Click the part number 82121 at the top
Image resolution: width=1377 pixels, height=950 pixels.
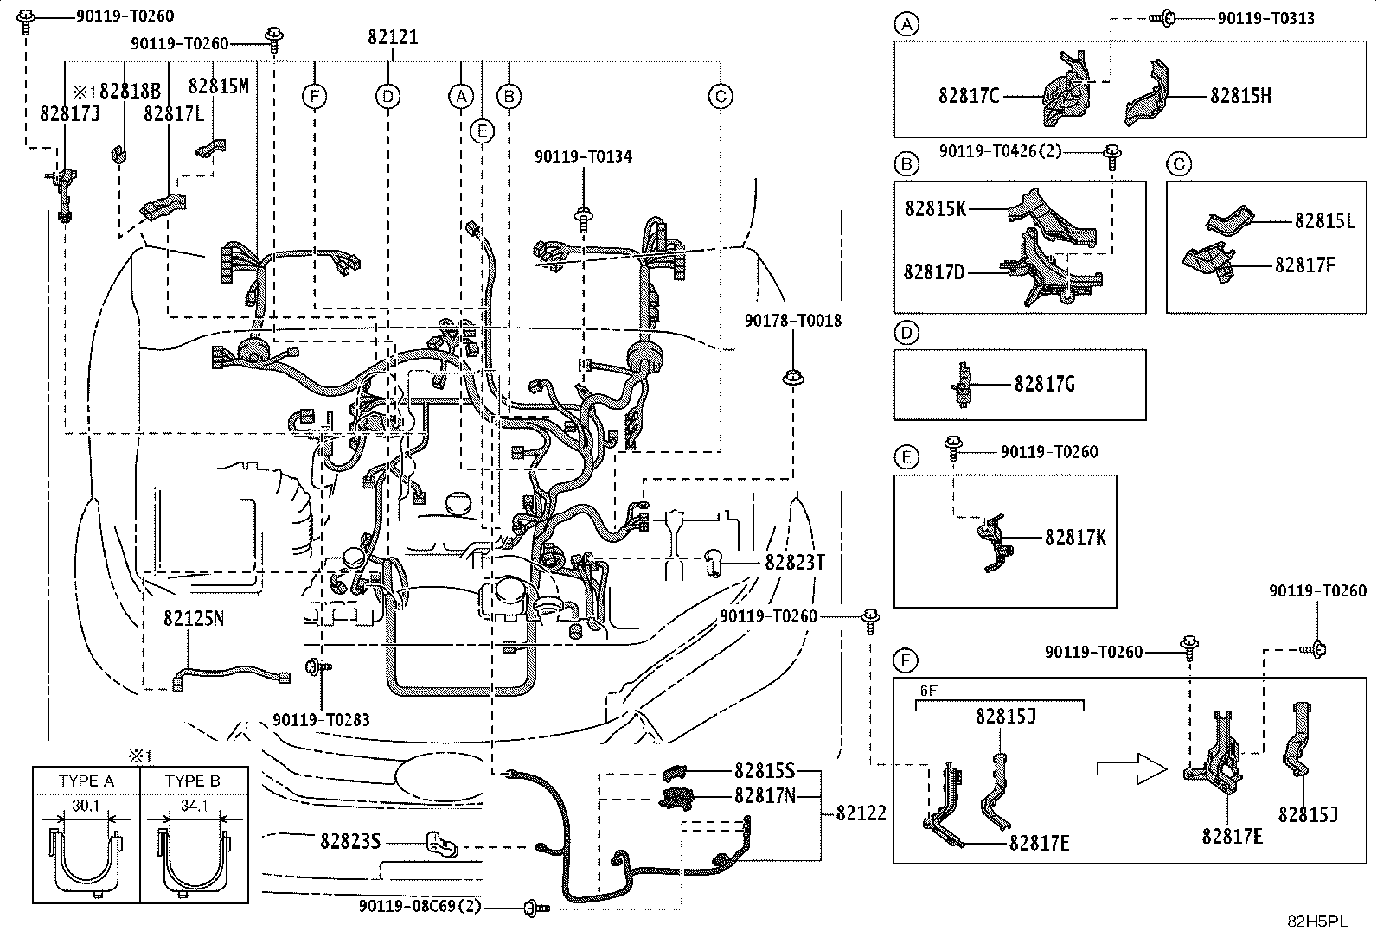click(x=393, y=37)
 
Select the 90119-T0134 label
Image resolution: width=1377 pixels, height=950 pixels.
click(x=583, y=156)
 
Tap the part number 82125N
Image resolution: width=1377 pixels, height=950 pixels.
click(x=194, y=618)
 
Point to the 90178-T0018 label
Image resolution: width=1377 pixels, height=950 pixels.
click(x=793, y=320)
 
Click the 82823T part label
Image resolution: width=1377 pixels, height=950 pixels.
click(x=795, y=562)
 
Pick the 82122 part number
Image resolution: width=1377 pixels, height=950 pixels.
click(x=861, y=813)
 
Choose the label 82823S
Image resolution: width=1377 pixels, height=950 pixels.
click(x=350, y=840)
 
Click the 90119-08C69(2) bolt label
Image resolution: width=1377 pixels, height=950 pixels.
click(x=420, y=907)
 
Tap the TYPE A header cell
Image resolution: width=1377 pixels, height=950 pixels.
click(x=86, y=781)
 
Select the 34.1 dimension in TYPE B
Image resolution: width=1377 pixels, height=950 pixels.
click(x=195, y=805)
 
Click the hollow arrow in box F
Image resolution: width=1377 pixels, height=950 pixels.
click(x=1131, y=768)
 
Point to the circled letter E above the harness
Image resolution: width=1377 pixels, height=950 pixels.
click(x=482, y=131)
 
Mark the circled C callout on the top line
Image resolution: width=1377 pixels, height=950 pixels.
click(x=721, y=97)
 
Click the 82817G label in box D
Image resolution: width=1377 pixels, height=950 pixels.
click(x=1045, y=384)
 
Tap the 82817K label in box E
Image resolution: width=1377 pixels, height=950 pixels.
click(x=1076, y=537)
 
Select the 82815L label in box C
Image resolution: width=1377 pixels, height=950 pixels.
click(x=1325, y=220)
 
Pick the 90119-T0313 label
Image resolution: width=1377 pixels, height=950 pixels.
click(x=1266, y=18)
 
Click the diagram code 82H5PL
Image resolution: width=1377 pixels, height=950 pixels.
click(x=1317, y=921)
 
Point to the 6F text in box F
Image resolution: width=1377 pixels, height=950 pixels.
click(x=928, y=691)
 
